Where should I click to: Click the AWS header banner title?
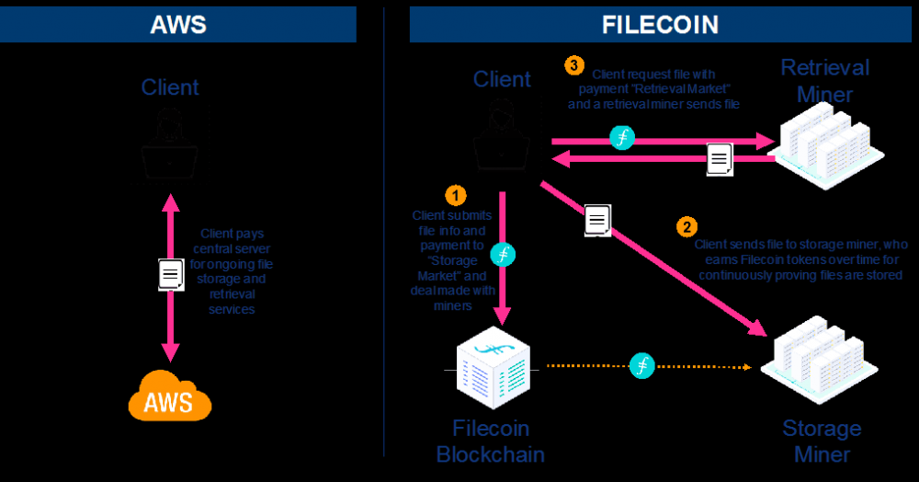(x=178, y=23)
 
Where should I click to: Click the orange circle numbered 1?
(x=455, y=195)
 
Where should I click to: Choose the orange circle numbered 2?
(x=686, y=225)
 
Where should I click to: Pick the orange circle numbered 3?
(x=574, y=65)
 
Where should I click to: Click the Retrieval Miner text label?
(x=824, y=81)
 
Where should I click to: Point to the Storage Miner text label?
(x=821, y=441)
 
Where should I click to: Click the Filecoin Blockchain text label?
(x=490, y=441)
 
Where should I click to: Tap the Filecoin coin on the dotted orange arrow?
(x=642, y=365)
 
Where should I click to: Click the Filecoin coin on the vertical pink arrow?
(x=502, y=255)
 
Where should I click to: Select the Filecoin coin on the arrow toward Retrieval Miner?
(x=622, y=138)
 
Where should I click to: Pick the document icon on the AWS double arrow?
(x=170, y=274)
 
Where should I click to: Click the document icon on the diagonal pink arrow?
(x=597, y=220)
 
